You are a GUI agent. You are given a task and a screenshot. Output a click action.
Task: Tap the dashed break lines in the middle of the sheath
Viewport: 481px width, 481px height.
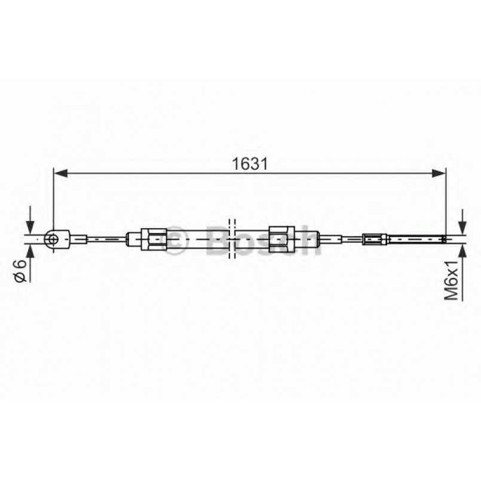232,239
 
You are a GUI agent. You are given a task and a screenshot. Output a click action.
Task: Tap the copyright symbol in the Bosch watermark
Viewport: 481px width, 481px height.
177,240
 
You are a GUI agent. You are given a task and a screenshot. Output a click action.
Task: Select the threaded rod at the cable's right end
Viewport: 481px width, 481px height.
415,240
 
